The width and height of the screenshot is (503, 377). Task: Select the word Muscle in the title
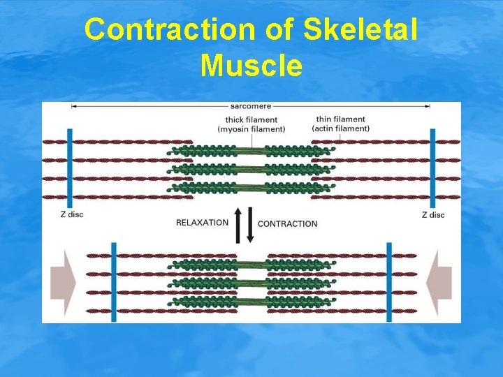pos(251,66)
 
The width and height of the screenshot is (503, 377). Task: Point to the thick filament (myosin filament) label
pos(251,124)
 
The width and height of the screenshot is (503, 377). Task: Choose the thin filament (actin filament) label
pos(340,124)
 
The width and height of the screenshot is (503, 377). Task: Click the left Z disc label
pos(71,215)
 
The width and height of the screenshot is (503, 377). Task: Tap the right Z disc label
pos(433,215)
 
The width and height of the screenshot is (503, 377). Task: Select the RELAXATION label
pos(202,223)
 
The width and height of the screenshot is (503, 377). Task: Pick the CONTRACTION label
pos(287,224)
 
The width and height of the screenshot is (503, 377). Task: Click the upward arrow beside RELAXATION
pos(238,223)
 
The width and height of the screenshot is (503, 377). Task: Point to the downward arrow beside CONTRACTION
pos(250,225)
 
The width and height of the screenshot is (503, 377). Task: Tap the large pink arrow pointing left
pos(439,283)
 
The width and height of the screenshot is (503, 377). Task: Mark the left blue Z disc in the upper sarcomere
pos(69,168)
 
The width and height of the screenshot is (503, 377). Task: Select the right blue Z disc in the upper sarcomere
pos(434,168)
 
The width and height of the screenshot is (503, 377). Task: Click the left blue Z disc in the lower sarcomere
pos(113,282)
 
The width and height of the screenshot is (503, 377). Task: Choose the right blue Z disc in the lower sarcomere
pos(389,282)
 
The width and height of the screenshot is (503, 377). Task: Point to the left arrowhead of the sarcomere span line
pos(73,107)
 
